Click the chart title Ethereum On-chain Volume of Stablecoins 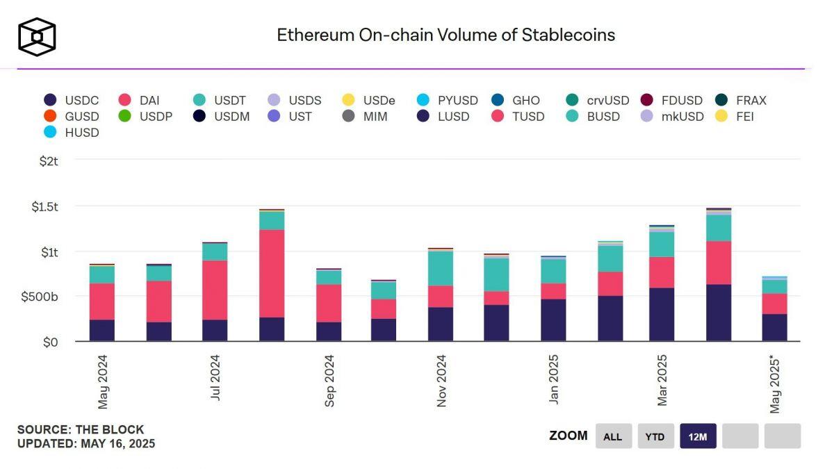tap(445, 35)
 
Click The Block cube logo tap(37, 36)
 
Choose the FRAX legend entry tap(741, 100)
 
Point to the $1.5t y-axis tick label tap(44, 206)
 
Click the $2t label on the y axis tap(50, 161)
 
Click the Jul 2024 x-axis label tap(215, 377)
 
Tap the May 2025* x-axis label tap(776, 383)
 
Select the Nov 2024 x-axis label tap(441, 380)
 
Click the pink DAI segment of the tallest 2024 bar tap(272, 273)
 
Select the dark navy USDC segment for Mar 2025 tap(662, 314)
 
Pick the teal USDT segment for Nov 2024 tap(441, 268)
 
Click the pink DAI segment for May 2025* tap(774, 304)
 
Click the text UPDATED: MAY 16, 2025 tap(85, 443)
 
